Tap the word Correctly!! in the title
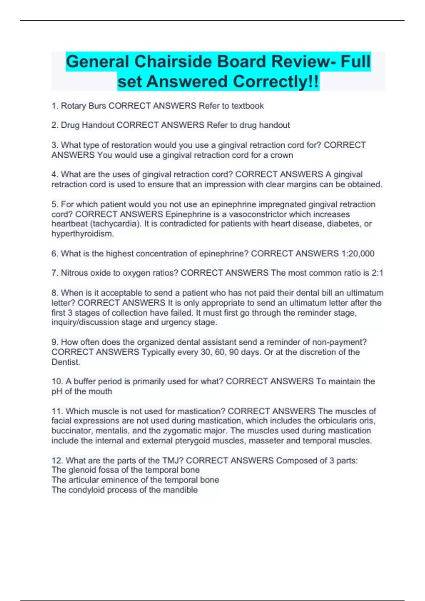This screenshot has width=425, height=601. tap(276, 82)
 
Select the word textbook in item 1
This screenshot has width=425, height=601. tap(248, 106)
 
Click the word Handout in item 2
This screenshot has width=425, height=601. tap(98, 125)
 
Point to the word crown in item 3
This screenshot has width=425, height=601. tap(282, 155)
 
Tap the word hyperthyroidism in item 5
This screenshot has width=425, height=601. tap(82, 234)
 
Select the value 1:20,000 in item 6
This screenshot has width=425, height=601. tap(358, 253)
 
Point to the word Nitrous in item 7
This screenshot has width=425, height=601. tap(74, 273)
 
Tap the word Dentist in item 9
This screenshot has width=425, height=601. tap(66, 362)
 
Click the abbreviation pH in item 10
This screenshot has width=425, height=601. tap(57, 391)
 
